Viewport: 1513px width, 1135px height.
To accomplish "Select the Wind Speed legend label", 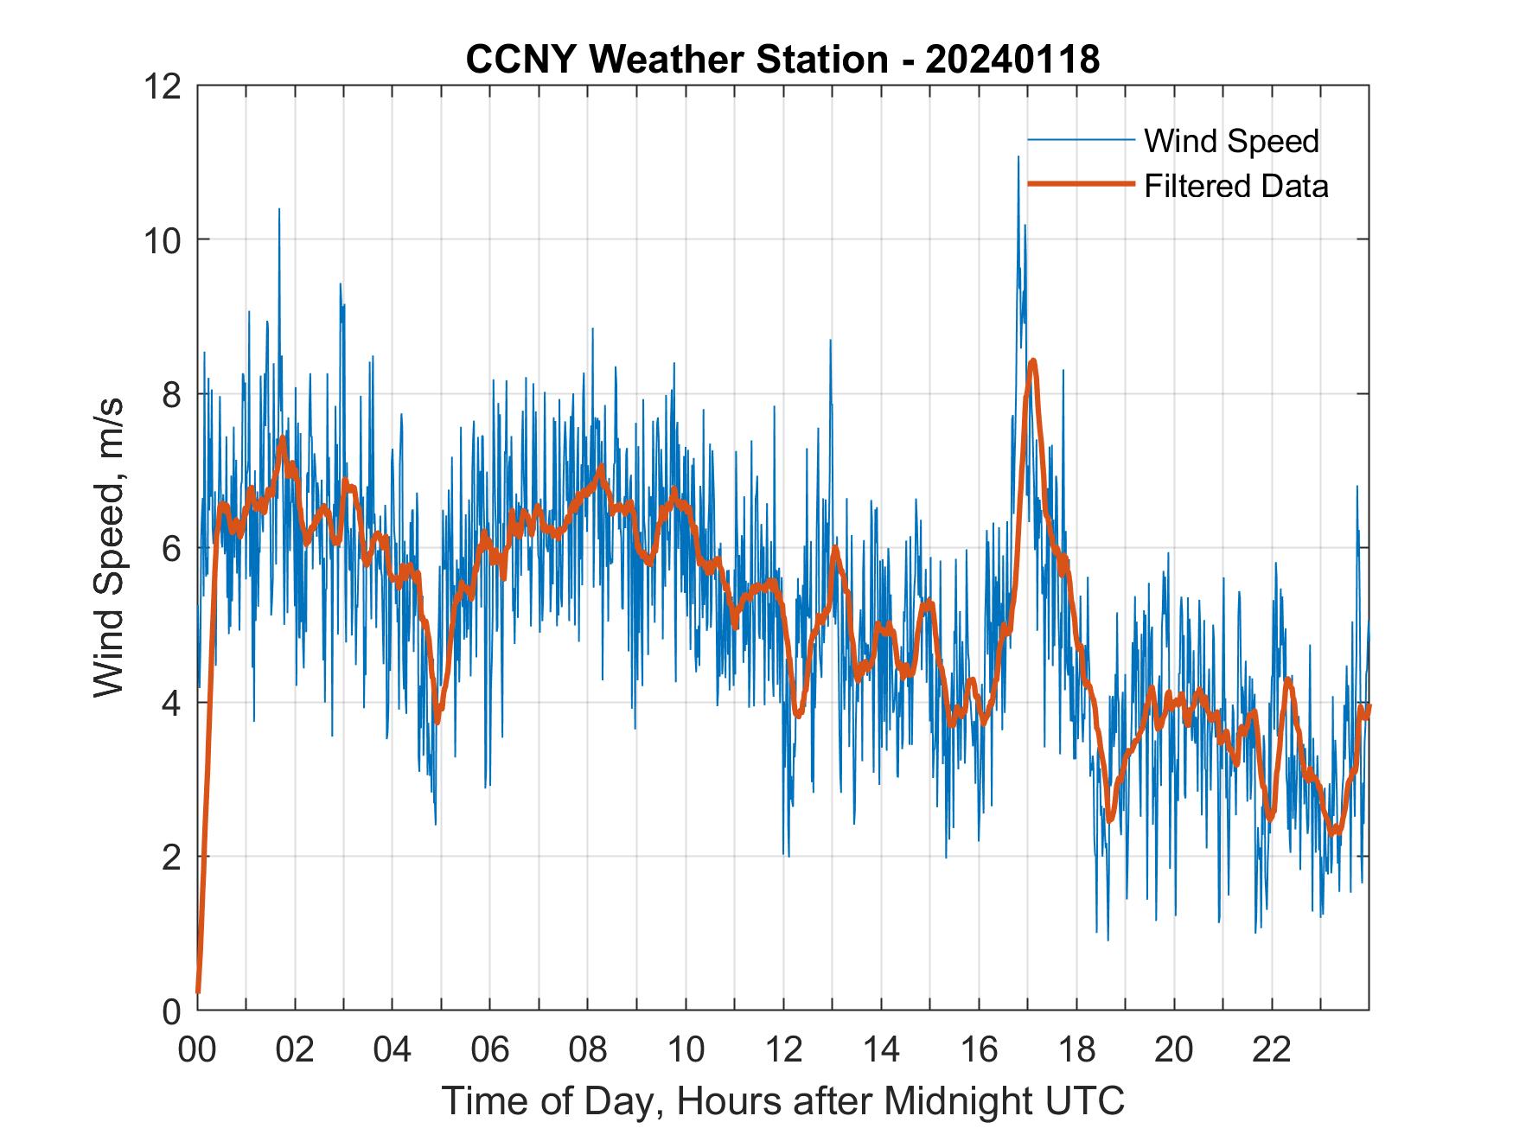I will pyautogui.click(x=1231, y=141).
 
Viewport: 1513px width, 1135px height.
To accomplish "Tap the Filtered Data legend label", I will pyautogui.click(x=1235, y=186).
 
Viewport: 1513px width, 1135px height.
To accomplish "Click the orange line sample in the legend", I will pyautogui.click(x=1080, y=184).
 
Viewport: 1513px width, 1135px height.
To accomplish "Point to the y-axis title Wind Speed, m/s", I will pyautogui.click(x=110, y=547).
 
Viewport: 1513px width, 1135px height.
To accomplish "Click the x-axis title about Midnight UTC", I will pyautogui.click(x=782, y=1100).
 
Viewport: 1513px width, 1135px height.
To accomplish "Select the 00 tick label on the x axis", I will pyautogui.click(x=197, y=1050).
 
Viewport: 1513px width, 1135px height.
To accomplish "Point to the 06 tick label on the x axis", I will pyautogui.click(x=490, y=1050).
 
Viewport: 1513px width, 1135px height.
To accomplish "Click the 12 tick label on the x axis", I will pyautogui.click(x=783, y=1050).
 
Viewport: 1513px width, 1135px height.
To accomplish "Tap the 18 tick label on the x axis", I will pyautogui.click(x=1076, y=1050).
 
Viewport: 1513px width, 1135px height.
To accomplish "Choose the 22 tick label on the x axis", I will pyautogui.click(x=1272, y=1050).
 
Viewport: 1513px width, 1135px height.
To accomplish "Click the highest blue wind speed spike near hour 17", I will pyautogui.click(x=1018, y=157).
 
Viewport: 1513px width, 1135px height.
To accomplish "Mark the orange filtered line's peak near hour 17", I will pyautogui.click(x=1032, y=360).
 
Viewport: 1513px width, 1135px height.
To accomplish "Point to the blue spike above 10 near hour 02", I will pyautogui.click(x=278, y=209).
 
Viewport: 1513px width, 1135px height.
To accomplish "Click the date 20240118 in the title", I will pyautogui.click(x=1012, y=60).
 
